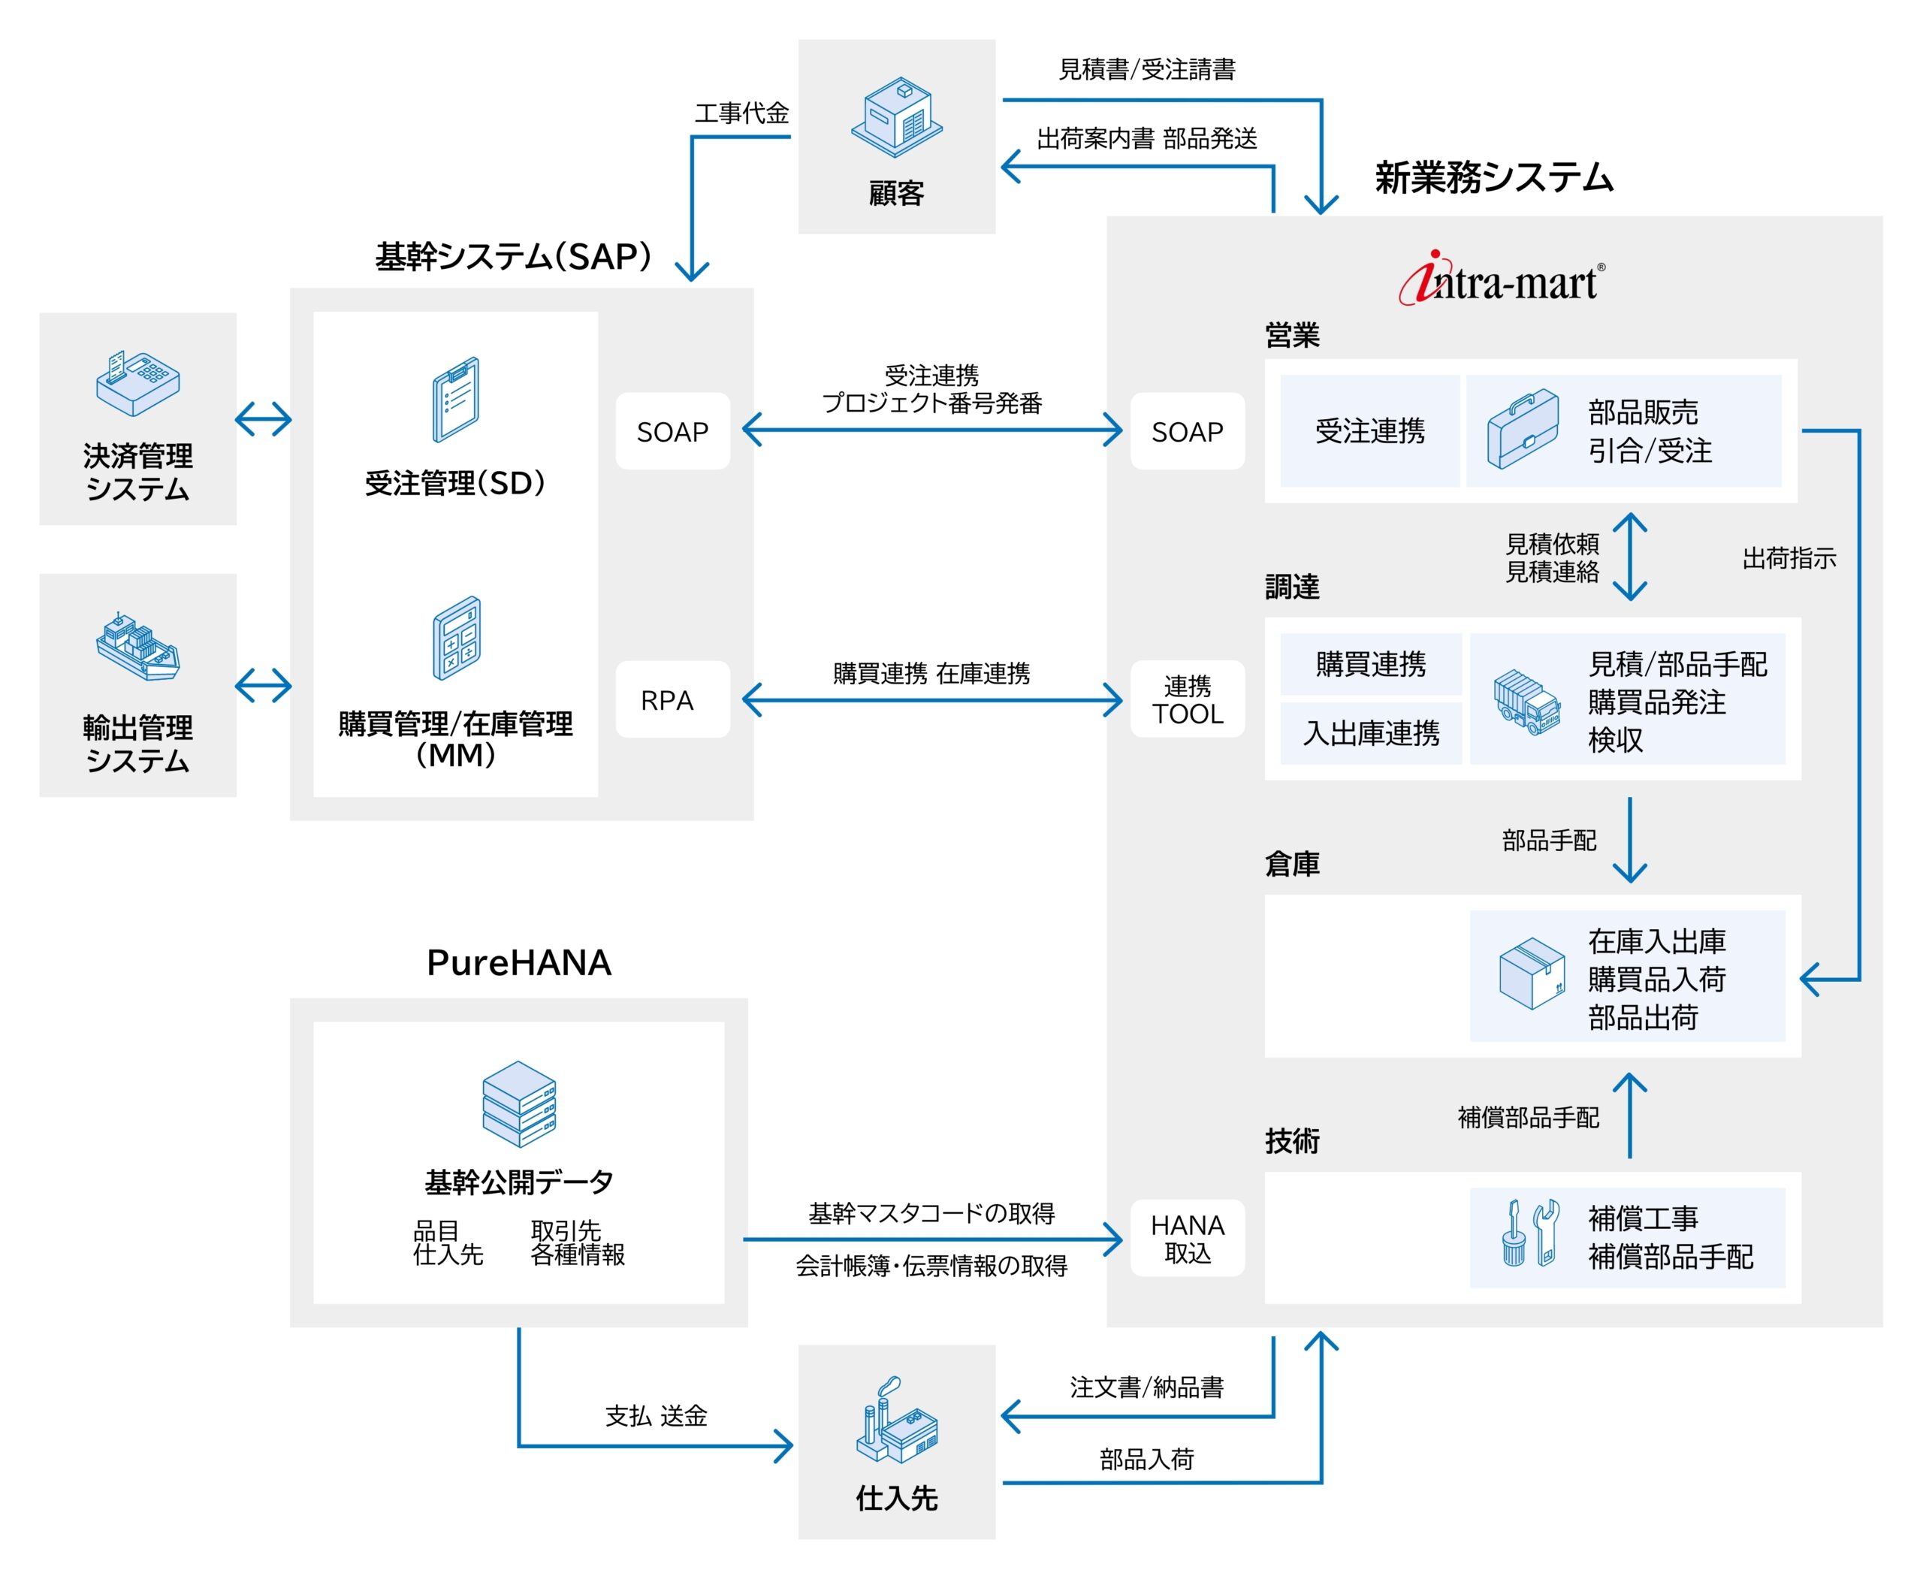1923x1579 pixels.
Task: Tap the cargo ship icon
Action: (137, 647)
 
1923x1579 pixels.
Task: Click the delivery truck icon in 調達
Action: (1527, 702)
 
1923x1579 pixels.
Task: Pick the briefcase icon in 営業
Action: (1523, 430)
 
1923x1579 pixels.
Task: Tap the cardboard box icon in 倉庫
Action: (1531, 974)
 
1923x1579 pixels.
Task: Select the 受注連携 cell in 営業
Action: (1369, 431)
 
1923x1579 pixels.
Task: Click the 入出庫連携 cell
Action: (1370, 733)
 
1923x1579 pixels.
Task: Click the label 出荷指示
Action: (1789, 557)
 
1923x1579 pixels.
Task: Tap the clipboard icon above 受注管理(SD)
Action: (454, 400)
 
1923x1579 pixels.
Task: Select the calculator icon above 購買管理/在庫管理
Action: (456, 638)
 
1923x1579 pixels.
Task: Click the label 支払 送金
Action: (656, 1415)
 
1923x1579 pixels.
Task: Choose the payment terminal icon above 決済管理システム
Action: (137, 382)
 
